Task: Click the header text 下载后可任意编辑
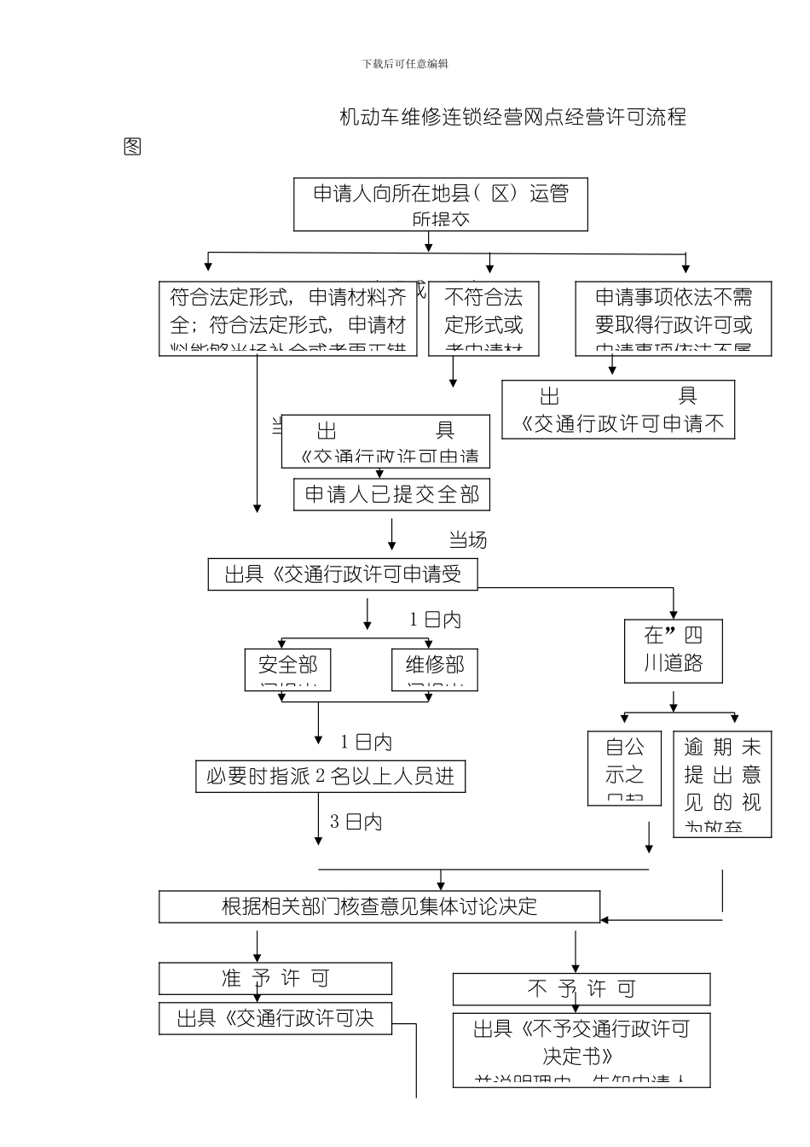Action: pyautogui.click(x=405, y=64)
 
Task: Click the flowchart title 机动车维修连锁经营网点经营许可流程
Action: pyautogui.click(x=512, y=117)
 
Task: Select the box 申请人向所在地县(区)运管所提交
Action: pyautogui.click(x=441, y=205)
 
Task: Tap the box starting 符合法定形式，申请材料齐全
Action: pyautogui.click(x=288, y=318)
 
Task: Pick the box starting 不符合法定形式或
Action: pyautogui.click(x=483, y=318)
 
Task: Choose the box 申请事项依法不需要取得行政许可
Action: pyautogui.click(x=673, y=318)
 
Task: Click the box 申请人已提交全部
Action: pyautogui.click(x=391, y=495)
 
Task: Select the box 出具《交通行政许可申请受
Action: pyautogui.click(x=342, y=574)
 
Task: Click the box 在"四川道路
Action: pyautogui.click(x=673, y=650)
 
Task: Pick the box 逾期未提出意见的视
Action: pyautogui.click(x=722, y=783)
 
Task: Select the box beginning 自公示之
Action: pyautogui.click(x=624, y=768)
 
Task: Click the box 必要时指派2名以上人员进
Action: pyautogui.click(x=330, y=777)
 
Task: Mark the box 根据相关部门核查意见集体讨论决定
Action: pyautogui.click(x=379, y=906)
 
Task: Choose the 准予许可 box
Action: pyautogui.click(x=275, y=978)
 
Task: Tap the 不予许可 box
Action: pyautogui.click(x=581, y=989)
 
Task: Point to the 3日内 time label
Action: pyautogui.click(x=356, y=822)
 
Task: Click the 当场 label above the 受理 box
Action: pyautogui.click(x=467, y=539)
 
